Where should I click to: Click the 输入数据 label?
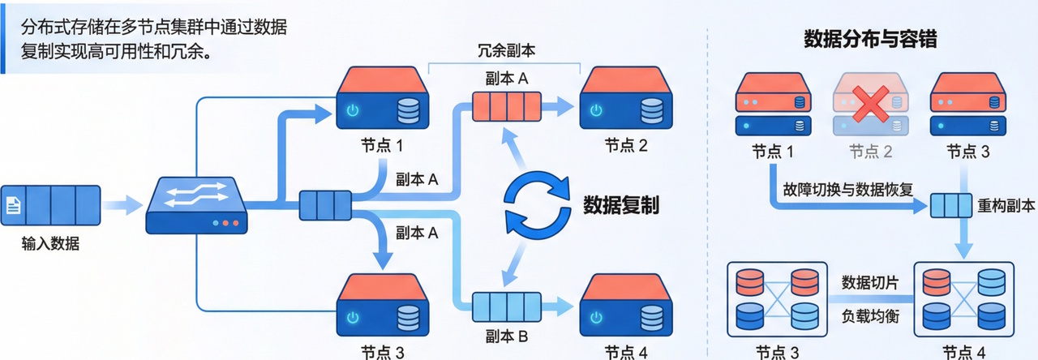pyautogui.click(x=50, y=242)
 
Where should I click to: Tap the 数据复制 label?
pyautogui.click(x=621, y=204)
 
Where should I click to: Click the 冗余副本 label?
pyautogui.click(x=506, y=51)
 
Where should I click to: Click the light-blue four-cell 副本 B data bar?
pyautogui.click(x=508, y=307)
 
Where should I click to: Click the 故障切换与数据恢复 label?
pyautogui.click(x=848, y=189)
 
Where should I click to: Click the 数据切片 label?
pyautogui.click(x=869, y=282)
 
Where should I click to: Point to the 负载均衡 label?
pyautogui.click(x=869, y=314)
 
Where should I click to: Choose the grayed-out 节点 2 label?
pyautogui.click(x=871, y=152)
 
